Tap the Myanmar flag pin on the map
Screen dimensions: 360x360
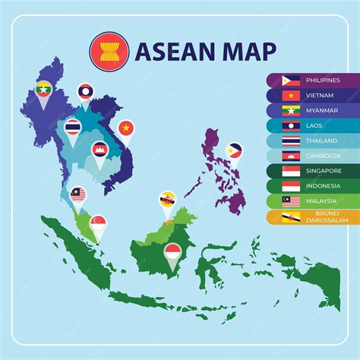click(x=43, y=90)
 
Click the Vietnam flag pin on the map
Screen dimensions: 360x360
click(x=126, y=128)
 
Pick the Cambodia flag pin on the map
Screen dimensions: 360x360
click(x=99, y=151)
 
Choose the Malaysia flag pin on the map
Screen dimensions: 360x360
click(x=78, y=195)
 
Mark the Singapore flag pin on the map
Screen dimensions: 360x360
click(x=98, y=223)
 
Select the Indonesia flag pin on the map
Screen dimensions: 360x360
click(x=173, y=251)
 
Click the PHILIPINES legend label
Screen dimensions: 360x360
click(x=324, y=80)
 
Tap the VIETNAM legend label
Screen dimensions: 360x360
click(x=319, y=95)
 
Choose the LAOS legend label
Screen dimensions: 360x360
click(x=314, y=125)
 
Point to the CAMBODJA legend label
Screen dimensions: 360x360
click(x=322, y=156)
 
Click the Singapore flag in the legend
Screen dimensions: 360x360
click(x=292, y=171)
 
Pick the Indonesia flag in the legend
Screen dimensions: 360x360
click(x=292, y=186)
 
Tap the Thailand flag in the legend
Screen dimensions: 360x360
click(x=292, y=141)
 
